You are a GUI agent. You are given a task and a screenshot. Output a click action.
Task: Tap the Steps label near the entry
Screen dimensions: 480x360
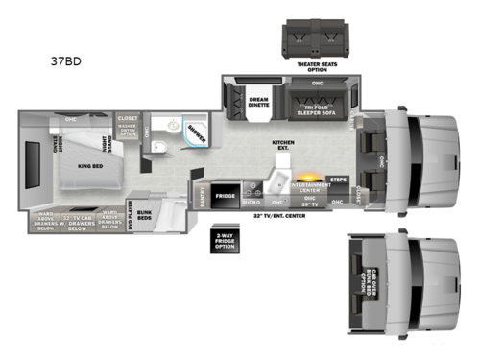(x=337, y=179)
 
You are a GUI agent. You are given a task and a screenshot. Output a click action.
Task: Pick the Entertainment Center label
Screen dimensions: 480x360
(x=308, y=187)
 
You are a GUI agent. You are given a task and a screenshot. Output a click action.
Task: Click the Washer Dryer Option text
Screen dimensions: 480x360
(x=127, y=133)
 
